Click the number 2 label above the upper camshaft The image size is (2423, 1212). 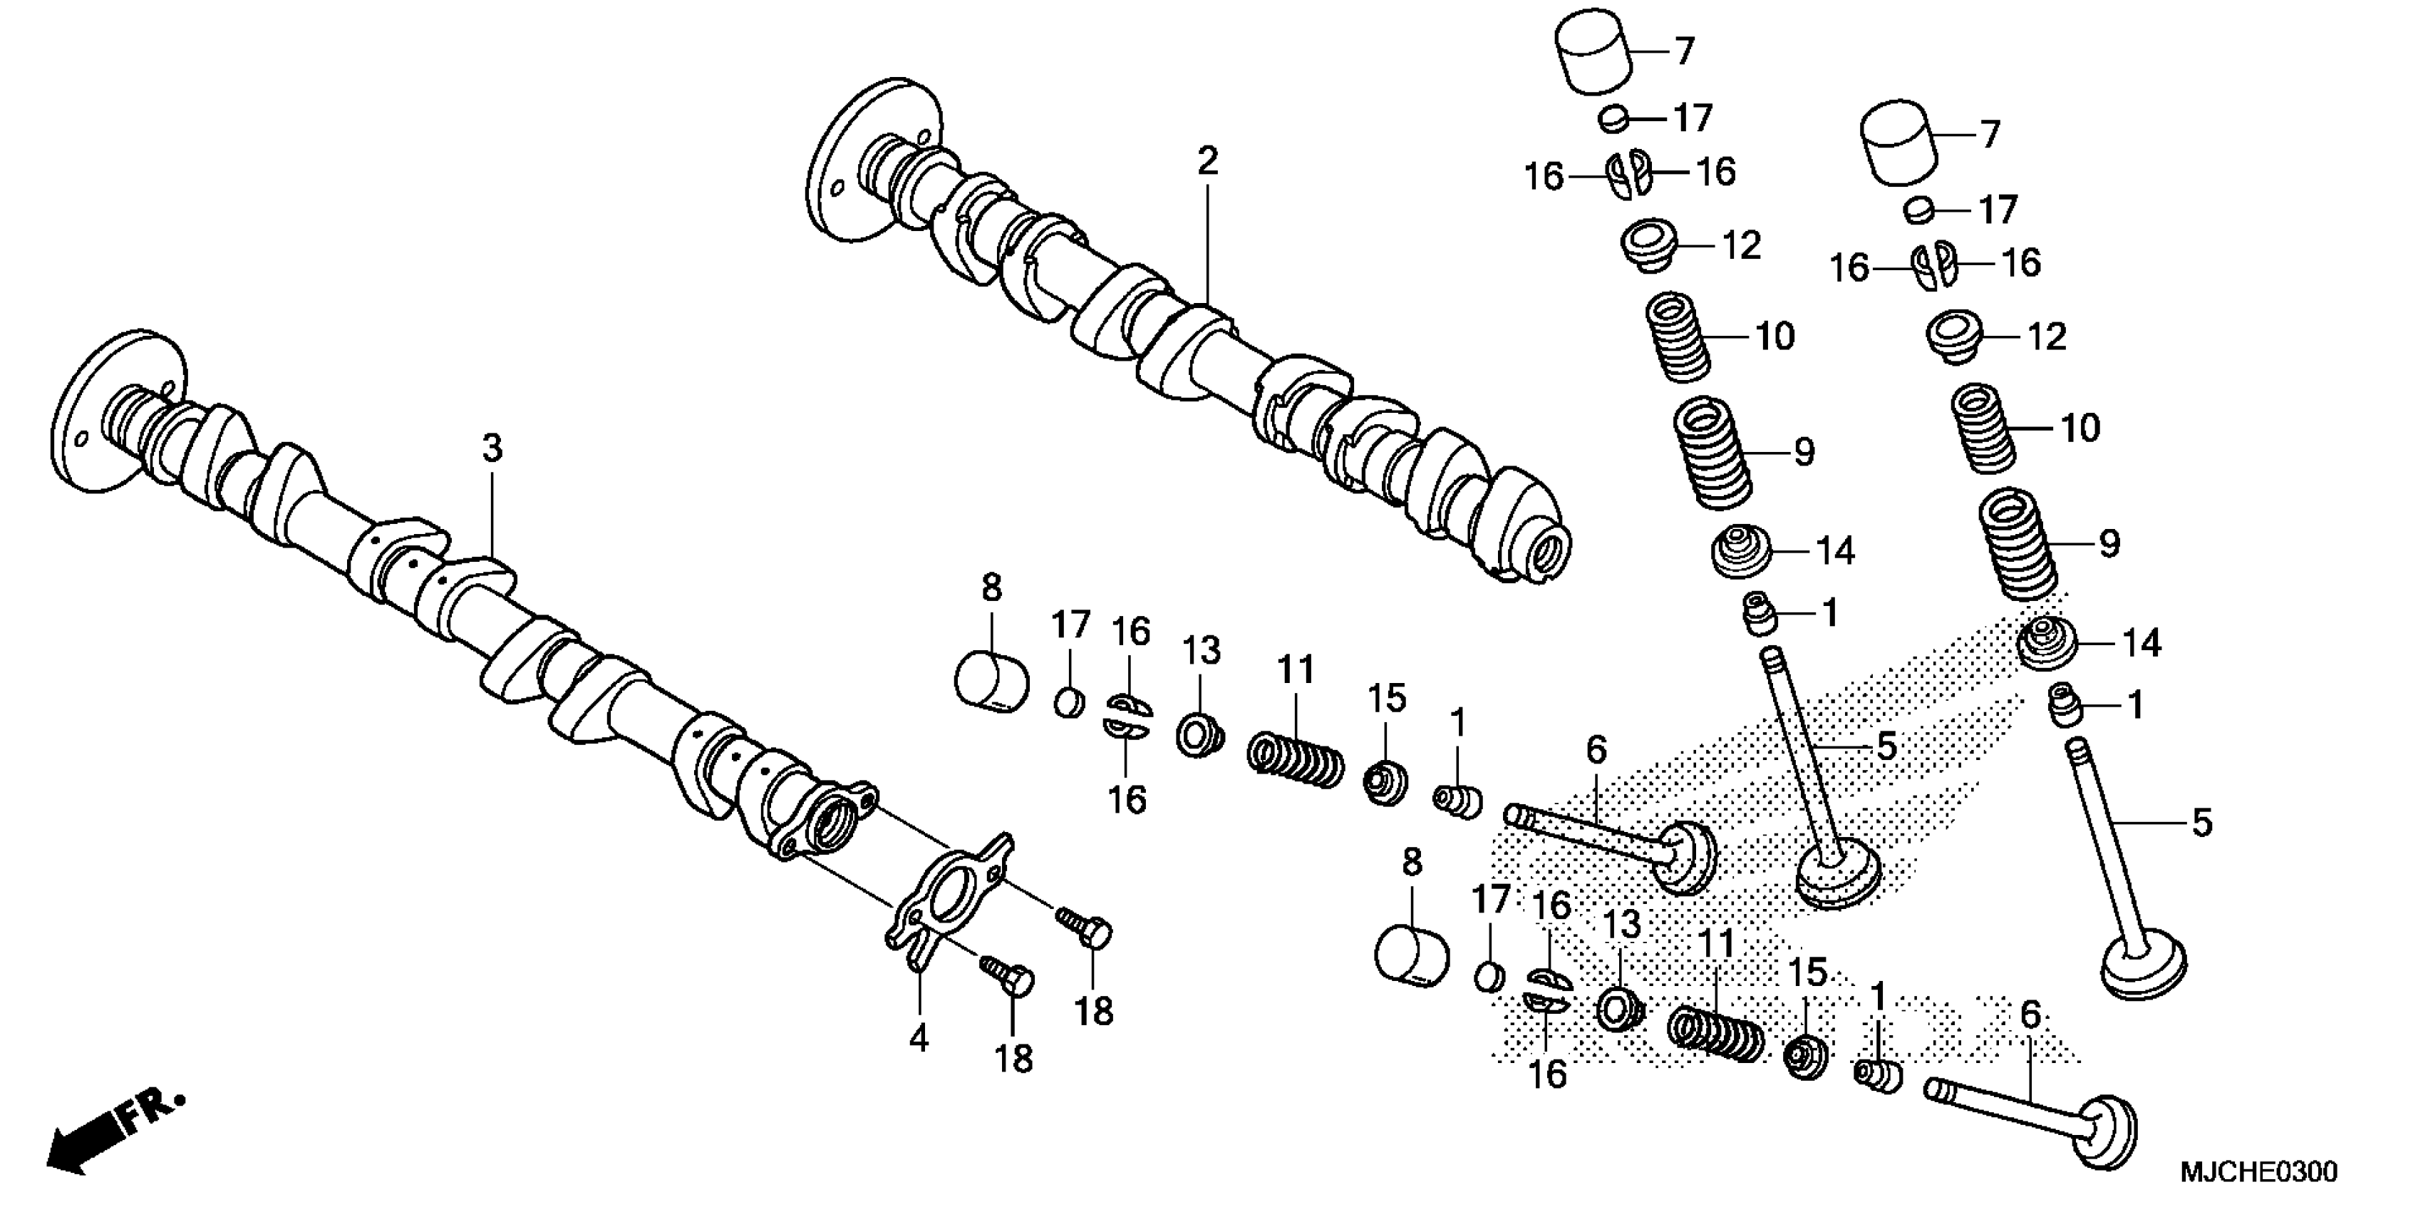pyautogui.click(x=1208, y=162)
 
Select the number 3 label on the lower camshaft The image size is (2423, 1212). pyautogui.click(x=492, y=449)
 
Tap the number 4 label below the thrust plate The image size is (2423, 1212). pyautogui.click(x=919, y=1039)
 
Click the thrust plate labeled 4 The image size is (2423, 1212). pyautogui.click(x=951, y=894)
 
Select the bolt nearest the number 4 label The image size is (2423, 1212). pyautogui.click(x=1006, y=979)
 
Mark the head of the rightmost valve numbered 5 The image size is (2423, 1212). pyautogui.click(x=2143, y=967)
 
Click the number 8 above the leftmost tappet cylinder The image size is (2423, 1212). pyautogui.click(x=991, y=589)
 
